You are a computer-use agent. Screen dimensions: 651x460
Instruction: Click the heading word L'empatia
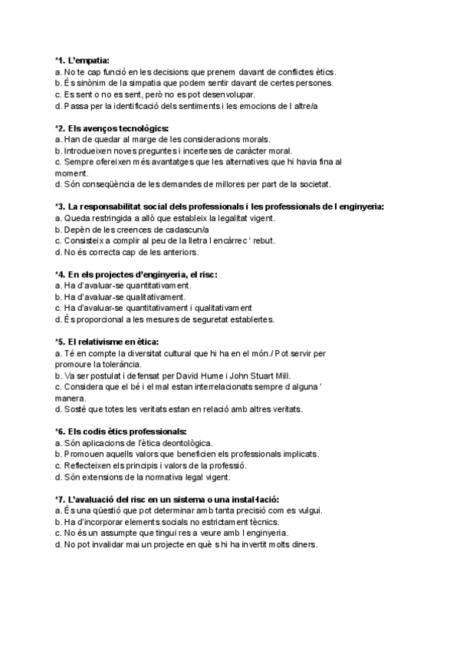pyautogui.click(x=89, y=59)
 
